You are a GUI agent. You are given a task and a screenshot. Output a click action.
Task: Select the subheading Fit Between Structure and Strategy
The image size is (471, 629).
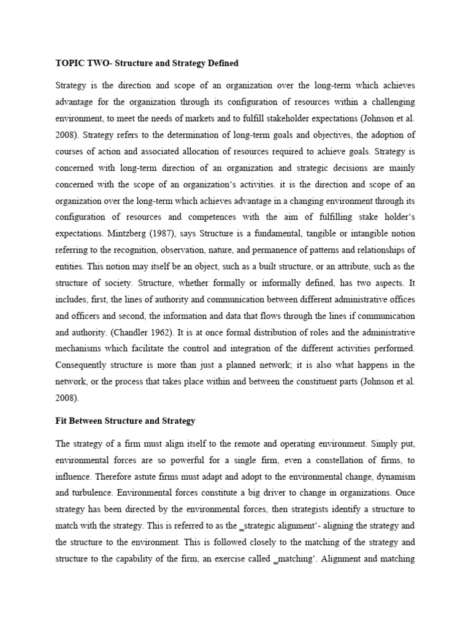pyautogui.click(x=125, y=421)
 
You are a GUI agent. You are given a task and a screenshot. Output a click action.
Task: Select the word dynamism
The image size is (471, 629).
pyautogui.click(x=393, y=475)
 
